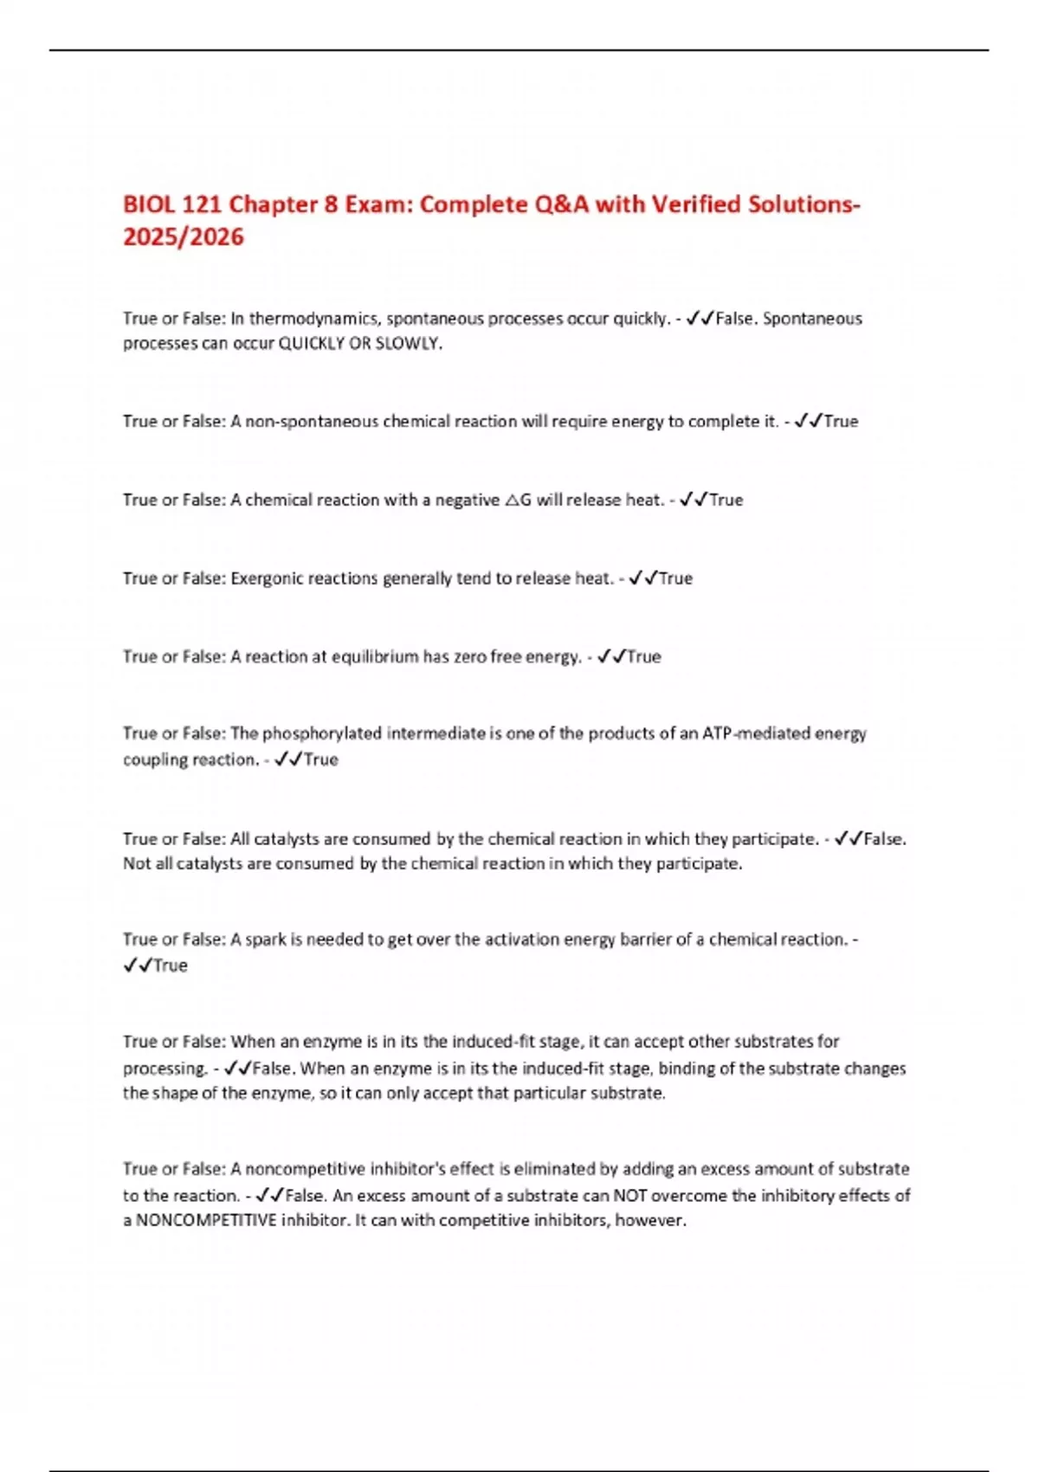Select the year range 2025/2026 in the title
(184, 236)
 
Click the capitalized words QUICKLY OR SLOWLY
(359, 344)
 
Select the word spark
(266, 939)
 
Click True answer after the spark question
(171, 965)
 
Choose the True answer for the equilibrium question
(644, 656)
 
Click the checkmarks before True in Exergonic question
(643, 578)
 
